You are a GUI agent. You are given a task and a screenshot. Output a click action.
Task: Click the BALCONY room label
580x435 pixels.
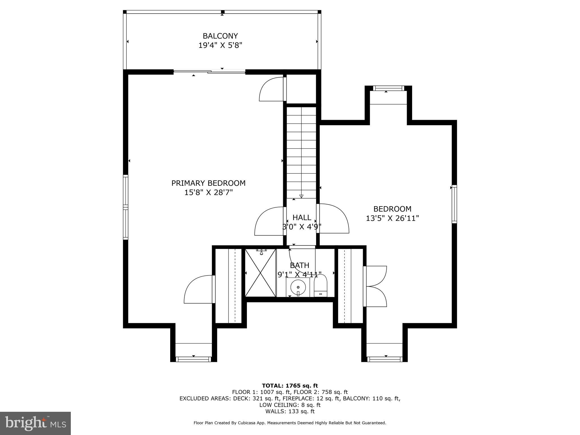point(220,36)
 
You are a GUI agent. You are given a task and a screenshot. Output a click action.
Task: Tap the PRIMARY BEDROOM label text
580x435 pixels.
point(208,183)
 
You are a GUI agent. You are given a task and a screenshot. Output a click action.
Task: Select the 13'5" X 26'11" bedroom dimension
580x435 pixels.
point(392,218)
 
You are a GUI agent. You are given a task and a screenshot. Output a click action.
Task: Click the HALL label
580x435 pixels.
point(302,217)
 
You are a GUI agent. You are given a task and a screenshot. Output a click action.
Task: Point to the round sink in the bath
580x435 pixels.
point(298,287)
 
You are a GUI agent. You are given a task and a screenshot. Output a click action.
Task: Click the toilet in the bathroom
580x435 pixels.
point(321,286)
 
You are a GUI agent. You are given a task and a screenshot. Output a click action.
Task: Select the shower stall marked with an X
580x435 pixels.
point(260,273)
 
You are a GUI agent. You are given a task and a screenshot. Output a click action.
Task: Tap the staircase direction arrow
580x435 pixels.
point(301,196)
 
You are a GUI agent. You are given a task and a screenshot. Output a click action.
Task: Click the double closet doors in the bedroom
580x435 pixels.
point(375,286)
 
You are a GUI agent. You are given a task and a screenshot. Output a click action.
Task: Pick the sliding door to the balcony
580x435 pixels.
point(210,72)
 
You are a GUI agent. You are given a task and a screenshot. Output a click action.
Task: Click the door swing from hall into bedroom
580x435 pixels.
point(333,218)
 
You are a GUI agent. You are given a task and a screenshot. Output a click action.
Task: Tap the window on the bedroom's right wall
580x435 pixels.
point(454,204)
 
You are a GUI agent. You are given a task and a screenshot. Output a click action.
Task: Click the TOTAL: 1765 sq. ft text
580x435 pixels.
point(290,385)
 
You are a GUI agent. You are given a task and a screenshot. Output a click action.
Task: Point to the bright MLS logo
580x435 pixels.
point(35,423)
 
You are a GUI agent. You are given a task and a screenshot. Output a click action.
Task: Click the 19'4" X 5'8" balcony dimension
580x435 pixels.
point(220,45)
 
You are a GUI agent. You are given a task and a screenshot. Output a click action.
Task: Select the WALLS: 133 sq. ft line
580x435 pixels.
point(290,411)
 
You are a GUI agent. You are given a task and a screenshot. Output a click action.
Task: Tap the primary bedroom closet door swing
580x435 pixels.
point(199,289)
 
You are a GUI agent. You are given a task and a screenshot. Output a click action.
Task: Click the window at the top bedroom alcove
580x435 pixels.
point(388,88)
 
